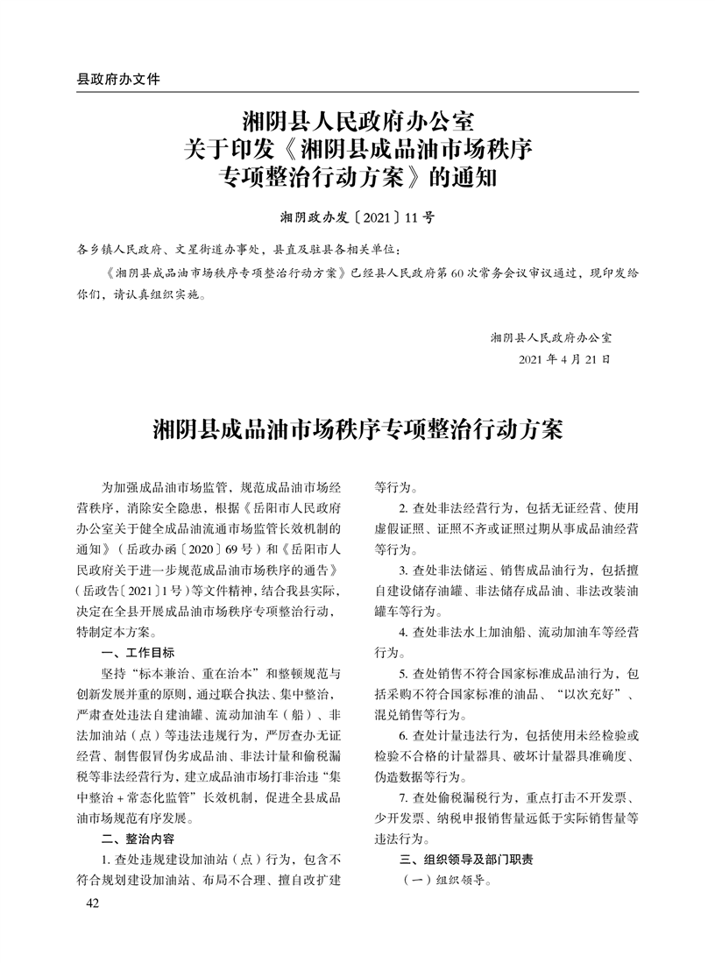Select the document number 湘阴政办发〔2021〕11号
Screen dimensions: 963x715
pos(357,216)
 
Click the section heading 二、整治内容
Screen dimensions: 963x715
pos(138,839)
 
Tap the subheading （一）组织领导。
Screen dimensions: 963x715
pos(444,881)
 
